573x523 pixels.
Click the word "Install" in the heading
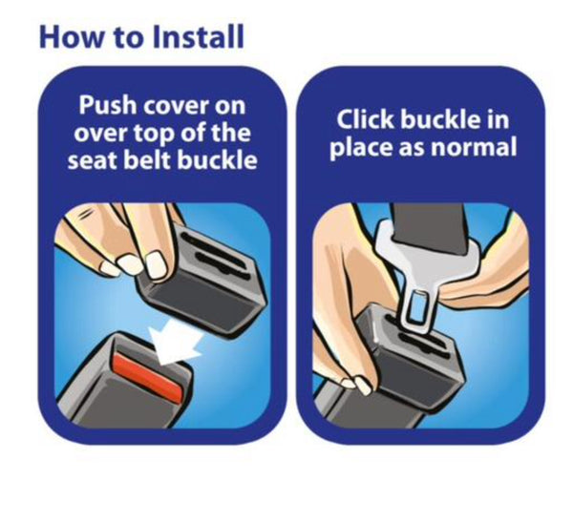coord(199,36)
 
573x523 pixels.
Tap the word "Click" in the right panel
coord(366,119)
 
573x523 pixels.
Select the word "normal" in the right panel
coord(474,147)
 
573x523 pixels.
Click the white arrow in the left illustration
coord(176,343)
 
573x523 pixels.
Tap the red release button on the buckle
coord(149,376)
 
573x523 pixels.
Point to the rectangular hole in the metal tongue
coord(417,305)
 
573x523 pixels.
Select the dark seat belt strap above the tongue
coord(430,226)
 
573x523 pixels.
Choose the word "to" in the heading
coord(128,38)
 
